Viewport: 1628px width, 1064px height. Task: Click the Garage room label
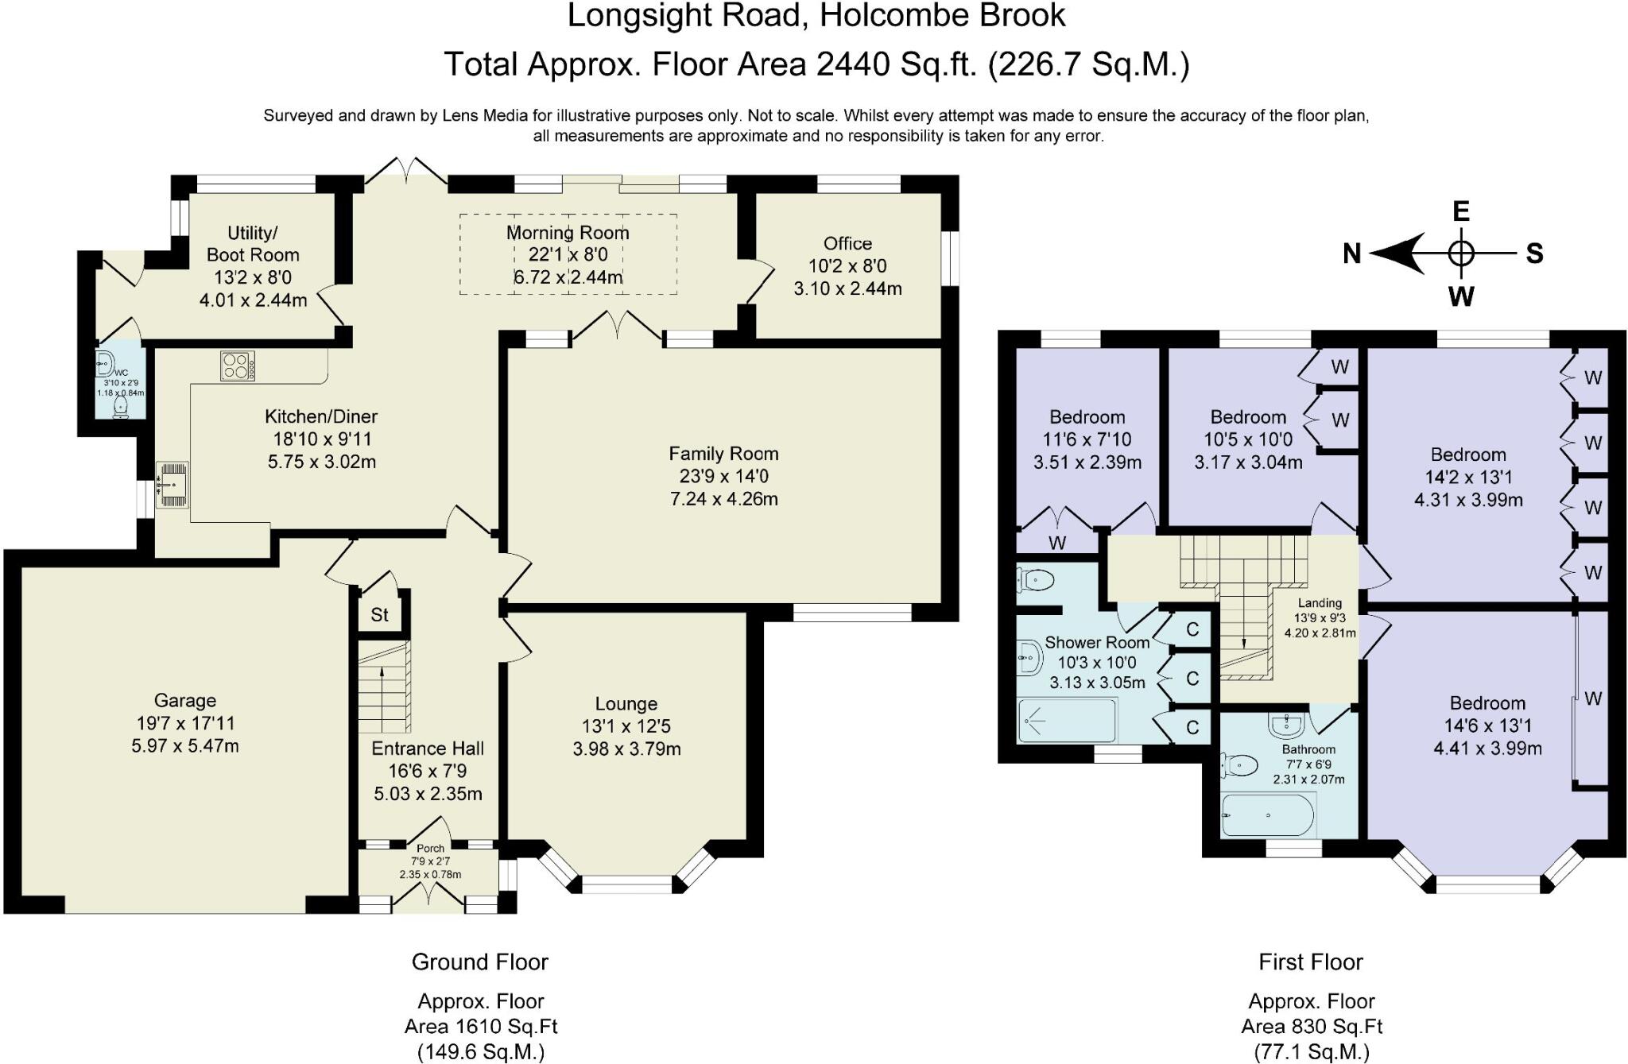(x=184, y=701)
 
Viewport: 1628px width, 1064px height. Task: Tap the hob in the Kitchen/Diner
(x=238, y=366)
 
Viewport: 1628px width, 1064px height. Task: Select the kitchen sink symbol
(x=172, y=485)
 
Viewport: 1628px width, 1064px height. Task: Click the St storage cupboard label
(x=380, y=614)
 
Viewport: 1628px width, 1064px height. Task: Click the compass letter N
(x=1352, y=253)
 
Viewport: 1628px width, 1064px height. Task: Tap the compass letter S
(x=1535, y=253)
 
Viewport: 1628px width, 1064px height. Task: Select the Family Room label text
(x=723, y=454)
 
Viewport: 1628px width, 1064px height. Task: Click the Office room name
(x=847, y=243)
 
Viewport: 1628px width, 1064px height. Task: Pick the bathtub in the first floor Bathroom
(x=1267, y=815)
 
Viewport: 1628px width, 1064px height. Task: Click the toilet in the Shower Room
(x=1036, y=581)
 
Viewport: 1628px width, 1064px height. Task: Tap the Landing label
(x=1320, y=603)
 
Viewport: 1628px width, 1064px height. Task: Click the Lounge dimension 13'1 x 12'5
(x=626, y=726)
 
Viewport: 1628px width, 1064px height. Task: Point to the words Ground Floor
(x=480, y=962)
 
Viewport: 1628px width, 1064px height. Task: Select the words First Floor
(x=1311, y=962)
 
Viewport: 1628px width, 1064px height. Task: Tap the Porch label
(x=430, y=849)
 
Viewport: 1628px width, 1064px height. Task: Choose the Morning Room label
(x=568, y=233)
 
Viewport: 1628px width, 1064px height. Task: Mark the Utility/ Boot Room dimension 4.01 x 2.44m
(x=253, y=300)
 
